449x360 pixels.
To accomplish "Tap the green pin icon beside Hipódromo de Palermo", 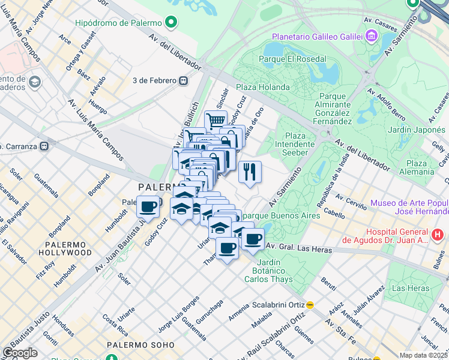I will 172,23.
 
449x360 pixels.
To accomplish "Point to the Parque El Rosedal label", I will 292,59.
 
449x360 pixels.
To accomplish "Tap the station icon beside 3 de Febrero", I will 183,80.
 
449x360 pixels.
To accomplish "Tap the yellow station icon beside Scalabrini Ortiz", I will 310,304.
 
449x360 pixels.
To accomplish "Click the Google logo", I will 20,353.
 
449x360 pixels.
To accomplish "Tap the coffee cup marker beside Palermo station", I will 148,207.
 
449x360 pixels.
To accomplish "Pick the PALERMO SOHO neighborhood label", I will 141,345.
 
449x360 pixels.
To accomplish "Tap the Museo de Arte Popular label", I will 409,207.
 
